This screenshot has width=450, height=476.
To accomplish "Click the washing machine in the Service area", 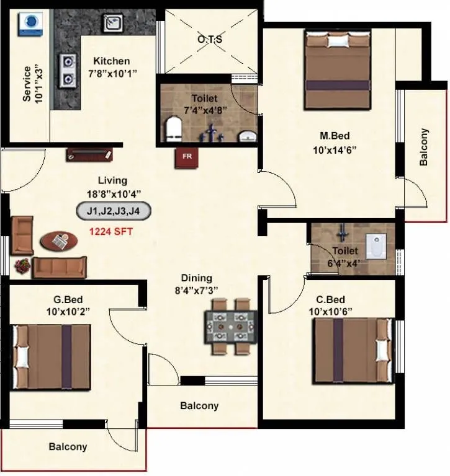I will (x=29, y=22).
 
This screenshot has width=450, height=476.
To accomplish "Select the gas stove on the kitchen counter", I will (x=66, y=69).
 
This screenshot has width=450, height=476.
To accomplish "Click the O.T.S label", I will (x=210, y=39).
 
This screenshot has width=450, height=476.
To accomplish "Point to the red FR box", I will (x=186, y=157).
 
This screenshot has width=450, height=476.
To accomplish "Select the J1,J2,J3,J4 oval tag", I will (x=114, y=211).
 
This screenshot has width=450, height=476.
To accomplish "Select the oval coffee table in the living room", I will (x=58, y=240).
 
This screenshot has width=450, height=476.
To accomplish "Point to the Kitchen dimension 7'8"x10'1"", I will (x=112, y=73).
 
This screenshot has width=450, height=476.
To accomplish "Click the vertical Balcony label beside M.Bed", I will (x=424, y=148).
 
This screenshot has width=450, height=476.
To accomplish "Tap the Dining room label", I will (x=197, y=278).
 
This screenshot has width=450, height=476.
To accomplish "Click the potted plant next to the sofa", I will (x=22, y=265).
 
